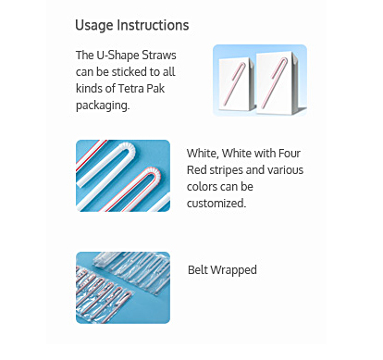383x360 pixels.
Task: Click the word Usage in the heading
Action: (94, 26)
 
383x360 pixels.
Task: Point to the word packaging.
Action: (103, 106)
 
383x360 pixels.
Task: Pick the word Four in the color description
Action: (290, 154)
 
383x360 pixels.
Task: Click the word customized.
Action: (216, 204)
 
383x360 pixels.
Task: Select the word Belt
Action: (199, 269)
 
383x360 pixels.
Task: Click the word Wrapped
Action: (235, 270)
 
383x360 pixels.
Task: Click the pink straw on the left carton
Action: (234, 82)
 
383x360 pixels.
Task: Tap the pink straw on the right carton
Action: (275, 83)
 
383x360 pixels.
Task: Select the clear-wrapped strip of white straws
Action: (132, 271)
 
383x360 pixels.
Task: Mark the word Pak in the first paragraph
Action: (155, 89)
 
